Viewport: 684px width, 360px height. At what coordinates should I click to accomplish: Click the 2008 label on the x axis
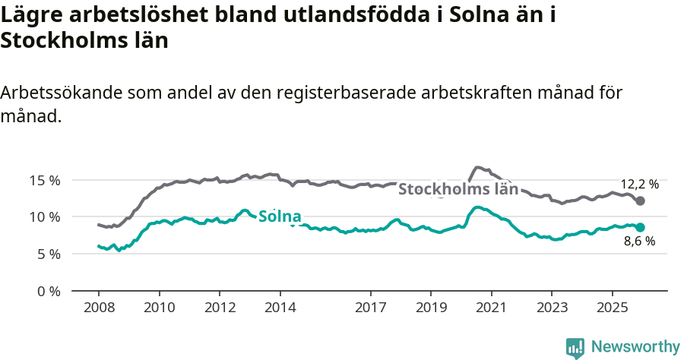[98, 309]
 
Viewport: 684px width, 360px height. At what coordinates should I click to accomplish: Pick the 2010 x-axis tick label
[159, 309]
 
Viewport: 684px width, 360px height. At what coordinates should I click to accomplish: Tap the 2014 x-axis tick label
[280, 309]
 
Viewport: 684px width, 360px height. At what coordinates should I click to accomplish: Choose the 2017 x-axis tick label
[370, 309]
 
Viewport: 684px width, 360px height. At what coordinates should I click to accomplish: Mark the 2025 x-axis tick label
[612, 309]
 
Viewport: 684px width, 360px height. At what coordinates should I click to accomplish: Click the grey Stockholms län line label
[458, 189]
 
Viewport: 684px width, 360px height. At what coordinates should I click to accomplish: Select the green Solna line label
[280, 216]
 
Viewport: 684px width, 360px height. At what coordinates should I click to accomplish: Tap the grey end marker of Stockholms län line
[640, 201]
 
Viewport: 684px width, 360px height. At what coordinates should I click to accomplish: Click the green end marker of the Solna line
[640, 227]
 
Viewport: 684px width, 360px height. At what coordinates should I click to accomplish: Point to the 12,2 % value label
[640, 184]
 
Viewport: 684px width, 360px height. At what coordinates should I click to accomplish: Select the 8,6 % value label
[639, 242]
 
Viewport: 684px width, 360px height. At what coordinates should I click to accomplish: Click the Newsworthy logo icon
[575, 347]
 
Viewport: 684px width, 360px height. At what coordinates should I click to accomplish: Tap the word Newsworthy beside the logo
[635, 347]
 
